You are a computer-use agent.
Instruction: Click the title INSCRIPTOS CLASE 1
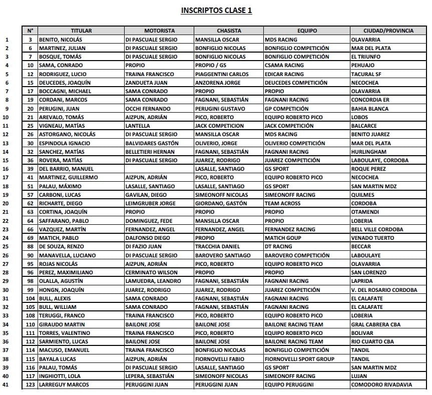[216, 10]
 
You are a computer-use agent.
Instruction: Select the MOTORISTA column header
[159, 31]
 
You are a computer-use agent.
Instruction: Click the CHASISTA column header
[229, 31]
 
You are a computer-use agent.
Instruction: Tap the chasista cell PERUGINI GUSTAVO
[220, 108]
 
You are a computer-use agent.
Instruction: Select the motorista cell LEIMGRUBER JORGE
[151, 203]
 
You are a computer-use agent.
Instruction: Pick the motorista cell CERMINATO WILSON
[152, 272]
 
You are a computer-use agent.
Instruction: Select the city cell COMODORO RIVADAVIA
[382, 384]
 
